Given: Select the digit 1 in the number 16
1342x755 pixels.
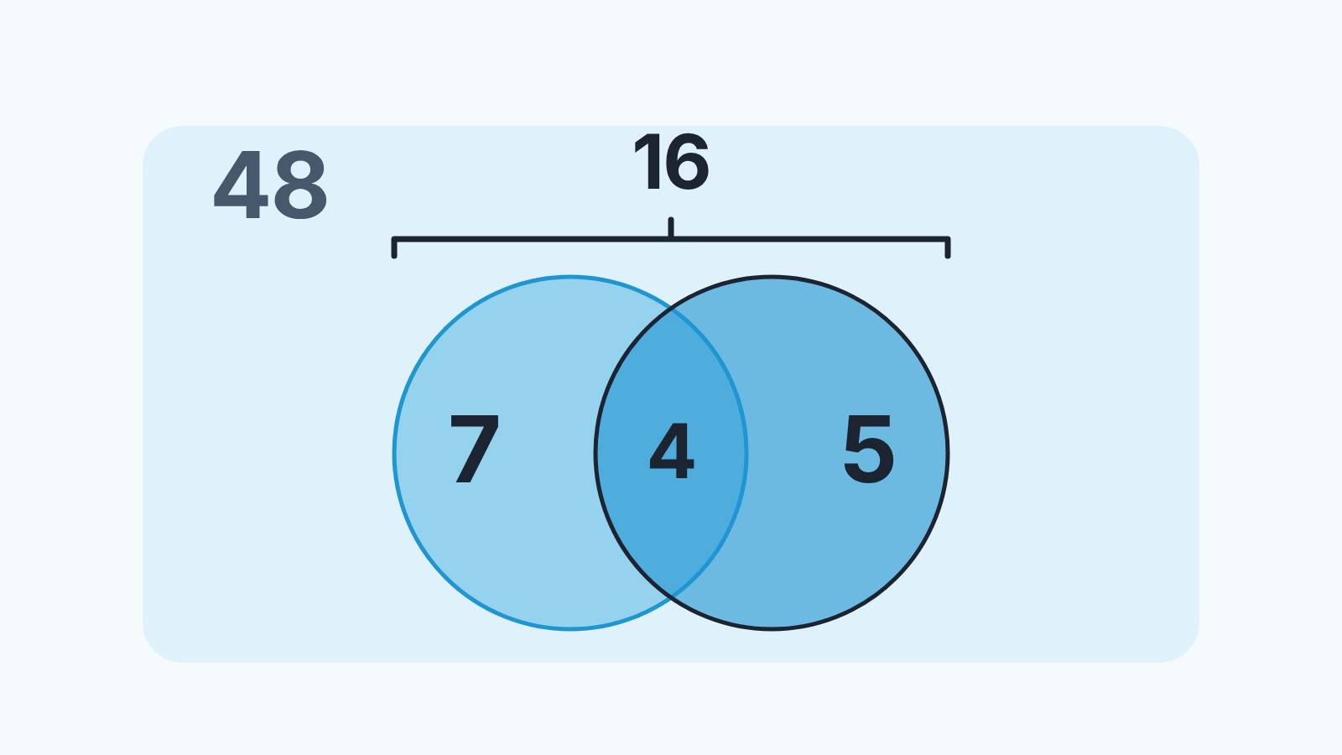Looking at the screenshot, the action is tap(648, 162).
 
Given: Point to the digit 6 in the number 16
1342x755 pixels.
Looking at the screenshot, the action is tap(687, 162).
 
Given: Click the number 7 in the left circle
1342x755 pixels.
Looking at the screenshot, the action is tap(474, 448).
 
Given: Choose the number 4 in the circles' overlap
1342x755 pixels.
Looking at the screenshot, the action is tap(672, 451).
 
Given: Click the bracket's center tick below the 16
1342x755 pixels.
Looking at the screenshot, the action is tap(671, 227).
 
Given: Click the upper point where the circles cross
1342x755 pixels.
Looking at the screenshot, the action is tap(671, 310).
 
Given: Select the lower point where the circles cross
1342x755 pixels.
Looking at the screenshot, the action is tap(671, 596).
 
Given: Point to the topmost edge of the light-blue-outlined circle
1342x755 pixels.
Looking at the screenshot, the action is tap(570, 277).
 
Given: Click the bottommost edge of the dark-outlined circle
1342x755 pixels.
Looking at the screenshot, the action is tap(772, 629).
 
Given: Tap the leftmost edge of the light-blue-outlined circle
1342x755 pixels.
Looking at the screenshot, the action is tap(394, 453).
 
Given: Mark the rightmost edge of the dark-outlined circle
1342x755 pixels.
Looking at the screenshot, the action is tap(948, 453).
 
